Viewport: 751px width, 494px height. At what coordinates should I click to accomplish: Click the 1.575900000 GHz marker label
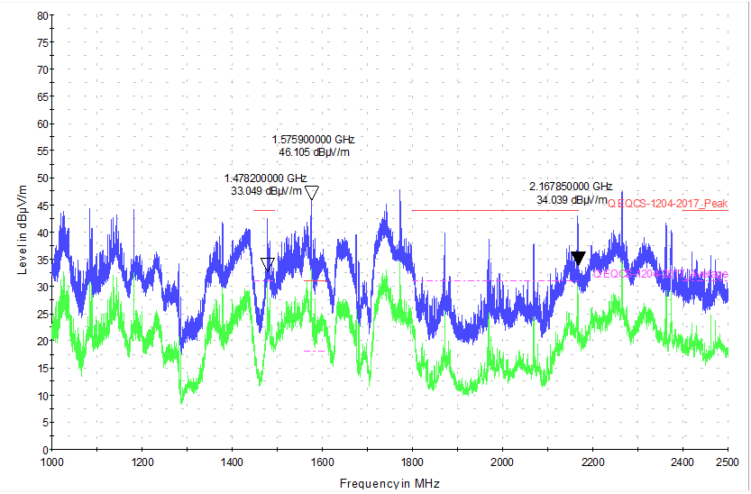313,140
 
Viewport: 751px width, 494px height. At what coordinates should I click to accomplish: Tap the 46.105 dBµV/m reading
313,152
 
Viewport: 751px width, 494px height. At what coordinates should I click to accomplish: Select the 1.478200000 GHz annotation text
266,178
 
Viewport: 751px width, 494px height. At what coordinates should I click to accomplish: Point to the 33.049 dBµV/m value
266,191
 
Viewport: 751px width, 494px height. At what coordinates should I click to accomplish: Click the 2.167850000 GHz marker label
571,187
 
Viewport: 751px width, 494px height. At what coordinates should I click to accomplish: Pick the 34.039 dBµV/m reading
571,199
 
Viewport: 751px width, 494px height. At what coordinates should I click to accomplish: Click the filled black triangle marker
578,259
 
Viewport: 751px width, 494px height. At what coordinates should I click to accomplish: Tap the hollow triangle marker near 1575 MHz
312,193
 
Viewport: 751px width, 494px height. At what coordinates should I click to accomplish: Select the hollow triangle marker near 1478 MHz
268,264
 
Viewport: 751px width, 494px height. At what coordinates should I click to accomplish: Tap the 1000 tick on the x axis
52,462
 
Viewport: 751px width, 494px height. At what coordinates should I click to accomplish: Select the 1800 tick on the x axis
412,462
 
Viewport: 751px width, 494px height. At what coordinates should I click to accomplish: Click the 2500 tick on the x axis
728,462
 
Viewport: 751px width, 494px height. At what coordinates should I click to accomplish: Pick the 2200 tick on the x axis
592,462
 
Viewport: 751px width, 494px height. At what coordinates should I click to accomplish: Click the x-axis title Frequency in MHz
389,483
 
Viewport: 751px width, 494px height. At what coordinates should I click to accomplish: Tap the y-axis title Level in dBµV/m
22,233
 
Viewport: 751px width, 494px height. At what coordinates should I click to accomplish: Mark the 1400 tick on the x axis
233,462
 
